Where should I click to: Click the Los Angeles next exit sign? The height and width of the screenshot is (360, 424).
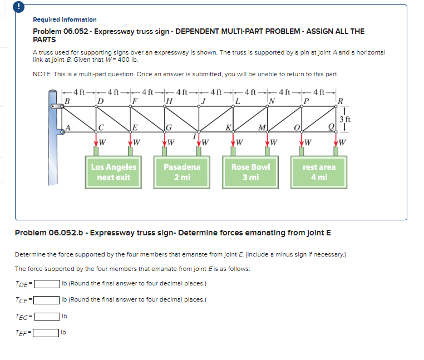114,172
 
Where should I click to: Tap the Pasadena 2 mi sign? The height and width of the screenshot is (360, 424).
183,172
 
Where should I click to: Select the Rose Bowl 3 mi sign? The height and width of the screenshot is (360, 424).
251,172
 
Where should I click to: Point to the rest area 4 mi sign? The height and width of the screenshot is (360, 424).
319,172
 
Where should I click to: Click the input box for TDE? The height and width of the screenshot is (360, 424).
47,283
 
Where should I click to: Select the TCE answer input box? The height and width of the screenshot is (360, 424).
47,300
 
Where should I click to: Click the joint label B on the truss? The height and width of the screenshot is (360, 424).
68,100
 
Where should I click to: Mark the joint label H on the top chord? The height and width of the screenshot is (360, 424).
170,101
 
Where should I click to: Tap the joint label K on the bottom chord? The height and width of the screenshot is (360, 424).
229,128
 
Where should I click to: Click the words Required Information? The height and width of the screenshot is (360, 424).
65,19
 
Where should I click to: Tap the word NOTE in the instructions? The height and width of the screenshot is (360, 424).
42,75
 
